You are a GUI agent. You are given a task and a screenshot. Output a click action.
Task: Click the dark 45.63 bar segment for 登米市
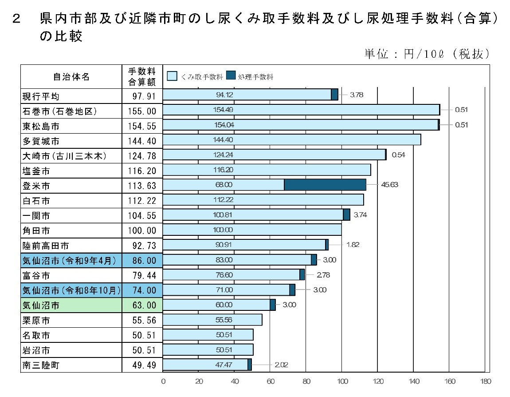(325, 185)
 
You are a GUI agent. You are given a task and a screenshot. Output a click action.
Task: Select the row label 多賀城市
(40, 141)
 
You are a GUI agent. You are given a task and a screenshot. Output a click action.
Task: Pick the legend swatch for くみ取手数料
(172, 76)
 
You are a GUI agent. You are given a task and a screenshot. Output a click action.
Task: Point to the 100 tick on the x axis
(342, 381)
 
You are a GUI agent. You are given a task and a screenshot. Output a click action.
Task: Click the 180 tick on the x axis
(485, 381)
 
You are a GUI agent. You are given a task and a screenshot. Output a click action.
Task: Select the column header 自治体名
(71, 77)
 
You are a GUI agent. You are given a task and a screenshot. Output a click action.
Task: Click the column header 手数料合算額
(142, 76)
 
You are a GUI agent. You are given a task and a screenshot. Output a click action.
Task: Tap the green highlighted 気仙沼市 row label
(40, 305)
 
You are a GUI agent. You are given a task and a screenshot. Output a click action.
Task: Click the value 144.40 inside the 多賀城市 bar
(223, 140)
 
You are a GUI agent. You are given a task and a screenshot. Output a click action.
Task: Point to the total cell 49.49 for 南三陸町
(144, 365)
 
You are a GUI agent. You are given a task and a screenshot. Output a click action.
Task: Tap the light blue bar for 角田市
(252, 230)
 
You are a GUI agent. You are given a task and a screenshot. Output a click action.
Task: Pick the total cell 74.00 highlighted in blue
(144, 290)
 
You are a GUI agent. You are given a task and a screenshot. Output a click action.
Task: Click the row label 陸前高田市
(46, 246)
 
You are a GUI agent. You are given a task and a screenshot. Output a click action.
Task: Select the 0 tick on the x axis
(163, 381)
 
